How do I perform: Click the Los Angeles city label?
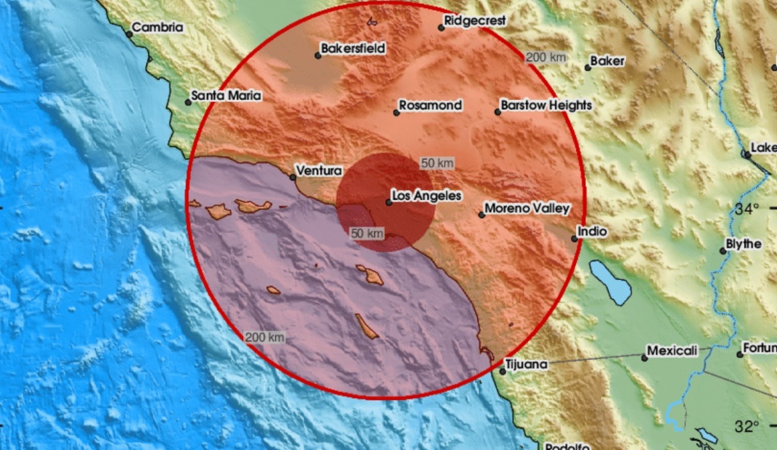[x=426, y=196]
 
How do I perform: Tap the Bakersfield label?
[x=353, y=49]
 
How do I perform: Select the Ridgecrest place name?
[x=475, y=21]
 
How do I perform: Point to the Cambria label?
[x=158, y=28]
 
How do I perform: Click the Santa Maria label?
[x=226, y=96]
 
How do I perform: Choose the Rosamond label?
[x=430, y=105]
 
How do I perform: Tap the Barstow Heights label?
[x=546, y=105]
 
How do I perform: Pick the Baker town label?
[x=607, y=61]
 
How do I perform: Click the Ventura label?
[x=319, y=171]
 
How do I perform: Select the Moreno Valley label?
[x=527, y=209]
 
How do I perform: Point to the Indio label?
[x=593, y=232]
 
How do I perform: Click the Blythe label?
[x=744, y=245]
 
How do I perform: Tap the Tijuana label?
[x=526, y=365]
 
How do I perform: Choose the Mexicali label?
[x=672, y=351]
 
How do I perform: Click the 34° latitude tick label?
[x=747, y=209]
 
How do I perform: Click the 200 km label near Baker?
[x=546, y=57]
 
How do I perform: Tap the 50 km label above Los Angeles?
[x=437, y=163]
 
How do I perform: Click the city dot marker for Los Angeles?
[x=389, y=202]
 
